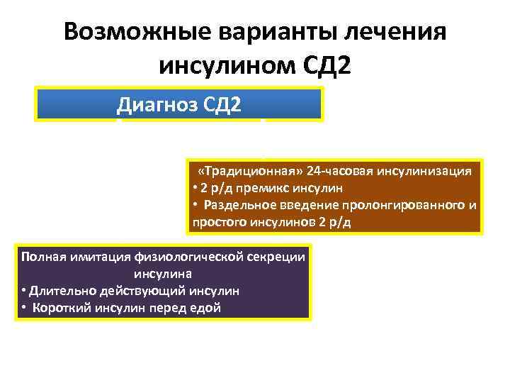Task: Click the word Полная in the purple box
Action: [x=41, y=257]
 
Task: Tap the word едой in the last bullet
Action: [x=206, y=307]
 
